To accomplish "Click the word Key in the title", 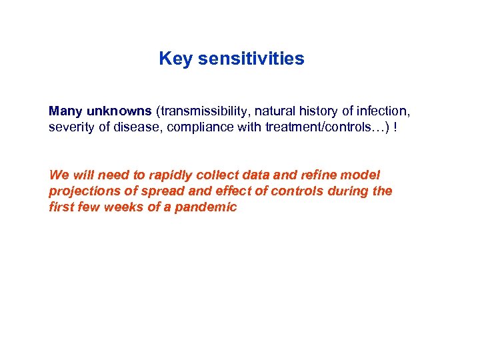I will (x=173, y=59).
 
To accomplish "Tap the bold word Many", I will (x=65, y=111).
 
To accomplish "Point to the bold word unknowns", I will (x=119, y=111).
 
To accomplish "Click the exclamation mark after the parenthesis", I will (x=397, y=127).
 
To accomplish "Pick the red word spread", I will (x=150, y=191).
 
